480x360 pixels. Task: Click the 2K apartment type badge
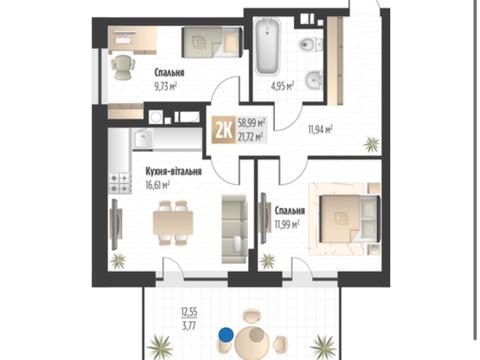click(x=224, y=131)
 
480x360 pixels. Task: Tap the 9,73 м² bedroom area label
click(x=165, y=87)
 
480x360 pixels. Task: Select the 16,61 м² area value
click(x=158, y=185)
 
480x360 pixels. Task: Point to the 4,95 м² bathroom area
click(x=282, y=86)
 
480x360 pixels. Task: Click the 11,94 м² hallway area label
click(x=320, y=129)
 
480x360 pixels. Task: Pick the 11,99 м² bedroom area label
click(x=287, y=224)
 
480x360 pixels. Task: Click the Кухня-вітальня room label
click(x=173, y=171)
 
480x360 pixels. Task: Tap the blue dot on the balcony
click(x=226, y=335)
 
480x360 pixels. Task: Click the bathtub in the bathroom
click(x=267, y=46)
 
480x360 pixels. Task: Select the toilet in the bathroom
click(x=311, y=45)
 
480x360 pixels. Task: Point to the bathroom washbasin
click(x=313, y=80)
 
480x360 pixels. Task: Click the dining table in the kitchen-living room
click(x=173, y=223)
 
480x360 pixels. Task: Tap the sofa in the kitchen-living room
click(x=235, y=229)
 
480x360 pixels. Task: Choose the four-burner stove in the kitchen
click(x=120, y=183)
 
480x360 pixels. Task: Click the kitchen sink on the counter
click(x=143, y=138)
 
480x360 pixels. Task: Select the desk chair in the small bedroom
click(x=123, y=67)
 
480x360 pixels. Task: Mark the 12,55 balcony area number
click(x=189, y=312)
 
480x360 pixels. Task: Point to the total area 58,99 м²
click(x=252, y=123)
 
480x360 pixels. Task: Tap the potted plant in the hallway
click(x=371, y=144)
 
